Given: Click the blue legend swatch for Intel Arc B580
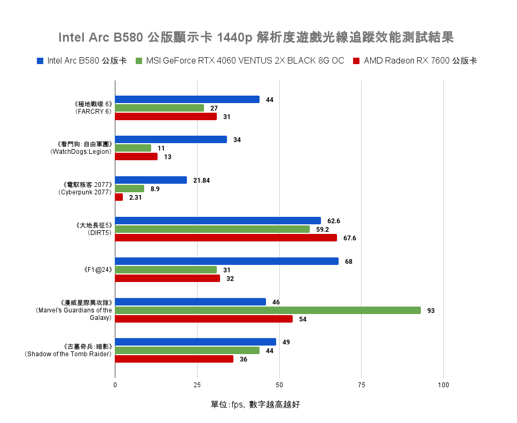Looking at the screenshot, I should pos(40,61).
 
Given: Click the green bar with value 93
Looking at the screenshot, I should pos(268,310).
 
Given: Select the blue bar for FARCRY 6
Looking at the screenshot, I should pos(187,99).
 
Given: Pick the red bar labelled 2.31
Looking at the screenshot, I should pos(119,197).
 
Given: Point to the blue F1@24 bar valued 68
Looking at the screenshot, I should pos(226,261).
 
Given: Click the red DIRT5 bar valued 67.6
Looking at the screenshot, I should pos(226,238).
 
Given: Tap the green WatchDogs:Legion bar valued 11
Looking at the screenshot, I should pos(133,148).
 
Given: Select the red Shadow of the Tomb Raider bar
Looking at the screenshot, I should pos(174,359).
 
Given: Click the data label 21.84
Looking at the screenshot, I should pos(201,181).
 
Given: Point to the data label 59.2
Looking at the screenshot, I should pos(323,230).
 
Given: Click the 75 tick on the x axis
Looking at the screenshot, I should pos(361,385).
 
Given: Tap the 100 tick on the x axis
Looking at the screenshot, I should pos(443,385).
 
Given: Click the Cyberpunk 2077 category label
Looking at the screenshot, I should pos(85,189).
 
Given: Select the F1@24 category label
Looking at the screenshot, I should pos(98,270).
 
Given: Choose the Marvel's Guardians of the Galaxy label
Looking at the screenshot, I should pos(74,310).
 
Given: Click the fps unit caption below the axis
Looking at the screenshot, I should pos(255,404).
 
